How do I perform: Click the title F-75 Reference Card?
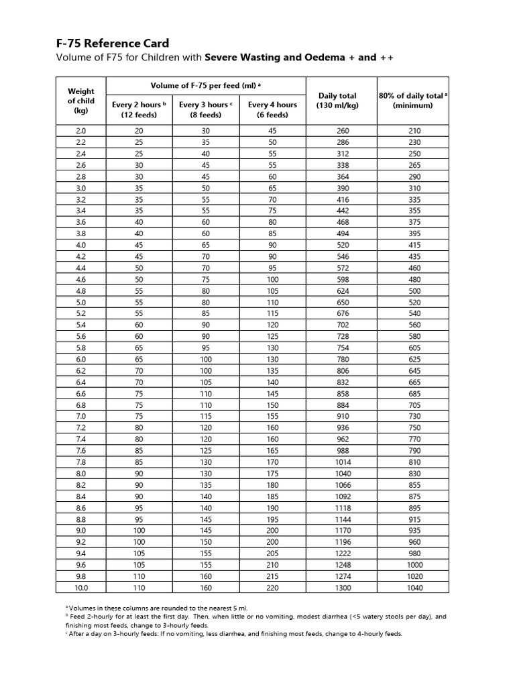[113, 43]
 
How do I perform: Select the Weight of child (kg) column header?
[81, 101]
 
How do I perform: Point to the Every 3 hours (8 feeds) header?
[205, 109]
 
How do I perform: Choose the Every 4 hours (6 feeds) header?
[272, 109]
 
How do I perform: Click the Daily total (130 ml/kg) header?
[337, 101]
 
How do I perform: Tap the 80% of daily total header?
[414, 101]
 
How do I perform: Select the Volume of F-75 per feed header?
[206, 85]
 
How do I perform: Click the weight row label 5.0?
[81, 303]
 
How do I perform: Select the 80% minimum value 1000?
[414, 566]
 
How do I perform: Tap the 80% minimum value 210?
[414, 131]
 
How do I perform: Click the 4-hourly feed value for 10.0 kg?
[272, 587]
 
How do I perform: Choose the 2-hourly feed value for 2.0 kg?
[139, 131]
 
